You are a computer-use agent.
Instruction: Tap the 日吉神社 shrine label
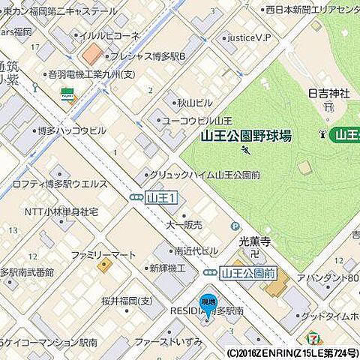[329, 94]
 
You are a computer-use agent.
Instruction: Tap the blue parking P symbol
[236, 226]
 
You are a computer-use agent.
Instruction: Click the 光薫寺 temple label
[253, 241]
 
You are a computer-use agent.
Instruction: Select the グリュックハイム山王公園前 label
[204, 174]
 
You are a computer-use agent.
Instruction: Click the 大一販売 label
[183, 223]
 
